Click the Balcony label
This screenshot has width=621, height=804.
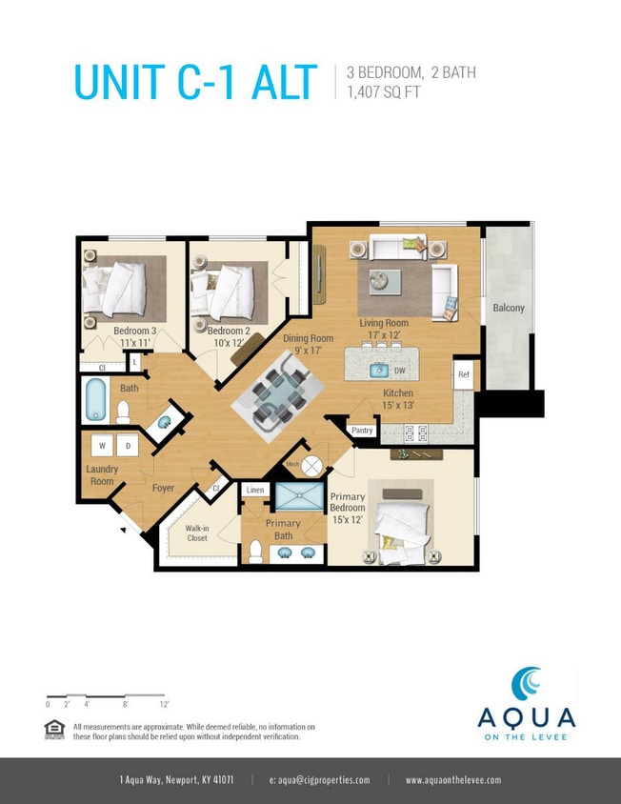508,308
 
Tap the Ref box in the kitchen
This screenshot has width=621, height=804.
464,373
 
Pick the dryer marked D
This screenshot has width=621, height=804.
128,445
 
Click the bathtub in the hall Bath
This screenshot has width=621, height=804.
96,400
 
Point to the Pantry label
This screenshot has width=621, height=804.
362,431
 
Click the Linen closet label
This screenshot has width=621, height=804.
254,490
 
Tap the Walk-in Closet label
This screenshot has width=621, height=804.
197,533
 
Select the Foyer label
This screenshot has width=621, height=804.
164,488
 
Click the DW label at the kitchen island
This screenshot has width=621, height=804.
400,371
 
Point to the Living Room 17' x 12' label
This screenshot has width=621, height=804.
384,329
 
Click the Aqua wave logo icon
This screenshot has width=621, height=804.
526,685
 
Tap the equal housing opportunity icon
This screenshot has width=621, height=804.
55,729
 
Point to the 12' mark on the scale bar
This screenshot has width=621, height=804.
165,704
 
